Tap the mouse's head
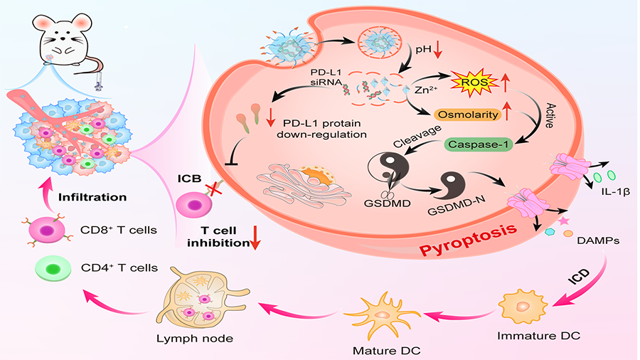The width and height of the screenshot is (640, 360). [62, 30]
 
